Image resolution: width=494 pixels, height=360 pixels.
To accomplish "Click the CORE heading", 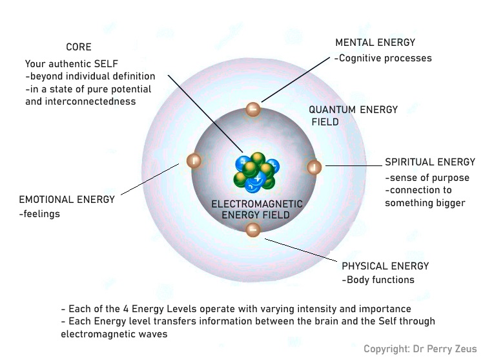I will (x=79, y=47).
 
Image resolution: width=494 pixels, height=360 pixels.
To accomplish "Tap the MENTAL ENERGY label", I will (x=375, y=43).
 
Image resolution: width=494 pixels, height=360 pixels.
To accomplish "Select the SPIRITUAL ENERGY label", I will (x=429, y=162).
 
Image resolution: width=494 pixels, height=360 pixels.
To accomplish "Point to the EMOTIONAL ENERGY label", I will (x=67, y=200).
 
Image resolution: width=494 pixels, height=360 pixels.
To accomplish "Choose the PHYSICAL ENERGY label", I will (x=385, y=266).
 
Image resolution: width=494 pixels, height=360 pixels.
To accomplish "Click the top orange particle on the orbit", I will (x=253, y=109).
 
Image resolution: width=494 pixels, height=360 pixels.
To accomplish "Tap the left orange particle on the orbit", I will (x=193, y=161).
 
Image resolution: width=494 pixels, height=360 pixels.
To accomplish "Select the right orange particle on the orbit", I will (x=313, y=167).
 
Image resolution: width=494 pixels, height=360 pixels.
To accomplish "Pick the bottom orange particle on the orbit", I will (x=253, y=228).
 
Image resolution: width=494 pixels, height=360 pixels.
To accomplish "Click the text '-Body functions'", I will (x=378, y=280).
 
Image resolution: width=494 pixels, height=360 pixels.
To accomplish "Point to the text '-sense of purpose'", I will (x=427, y=178).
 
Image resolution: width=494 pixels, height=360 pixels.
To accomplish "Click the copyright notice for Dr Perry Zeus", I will (x=420, y=349).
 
